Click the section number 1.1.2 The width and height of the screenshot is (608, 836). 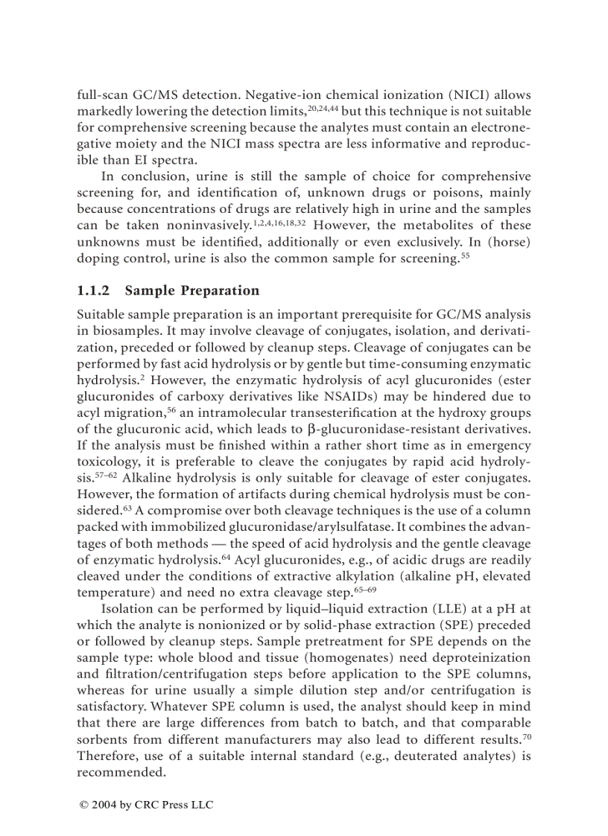coord(93,291)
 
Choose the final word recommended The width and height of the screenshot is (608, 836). coord(121,772)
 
